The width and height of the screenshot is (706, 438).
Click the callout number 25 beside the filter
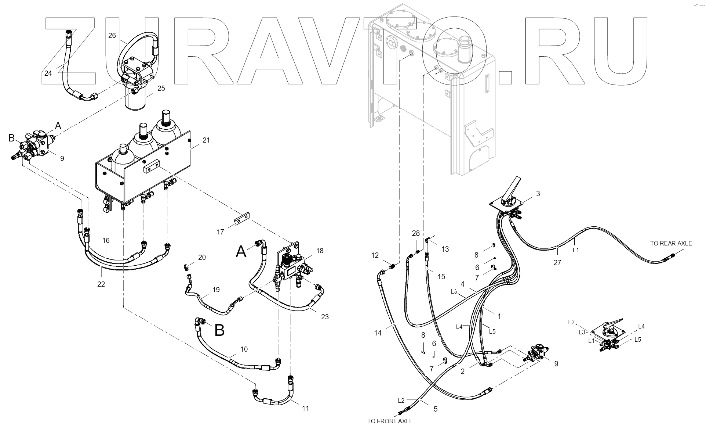[161, 88]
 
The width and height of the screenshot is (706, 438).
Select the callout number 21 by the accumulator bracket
[206, 140]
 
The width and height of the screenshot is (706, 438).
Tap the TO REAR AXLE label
[671, 243]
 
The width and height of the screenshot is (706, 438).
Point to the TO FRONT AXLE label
[390, 421]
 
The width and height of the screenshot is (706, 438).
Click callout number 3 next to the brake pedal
[538, 194]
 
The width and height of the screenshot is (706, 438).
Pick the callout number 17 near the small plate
[220, 232]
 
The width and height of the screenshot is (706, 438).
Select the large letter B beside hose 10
[219, 330]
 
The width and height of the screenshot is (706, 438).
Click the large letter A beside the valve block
[241, 252]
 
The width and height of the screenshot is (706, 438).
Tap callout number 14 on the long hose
[378, 333]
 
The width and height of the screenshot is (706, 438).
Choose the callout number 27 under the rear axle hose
[557, 263]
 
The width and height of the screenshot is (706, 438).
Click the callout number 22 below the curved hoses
[101, 284]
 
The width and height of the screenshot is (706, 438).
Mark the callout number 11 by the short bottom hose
[305, 408]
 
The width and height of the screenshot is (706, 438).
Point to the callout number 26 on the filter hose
[112, 35]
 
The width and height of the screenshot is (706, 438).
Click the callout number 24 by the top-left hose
[48, 73]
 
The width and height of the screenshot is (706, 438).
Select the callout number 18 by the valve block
[320, 251]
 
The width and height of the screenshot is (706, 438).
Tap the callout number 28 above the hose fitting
[415, 233]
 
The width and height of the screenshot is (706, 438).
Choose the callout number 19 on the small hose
[216, 290]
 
